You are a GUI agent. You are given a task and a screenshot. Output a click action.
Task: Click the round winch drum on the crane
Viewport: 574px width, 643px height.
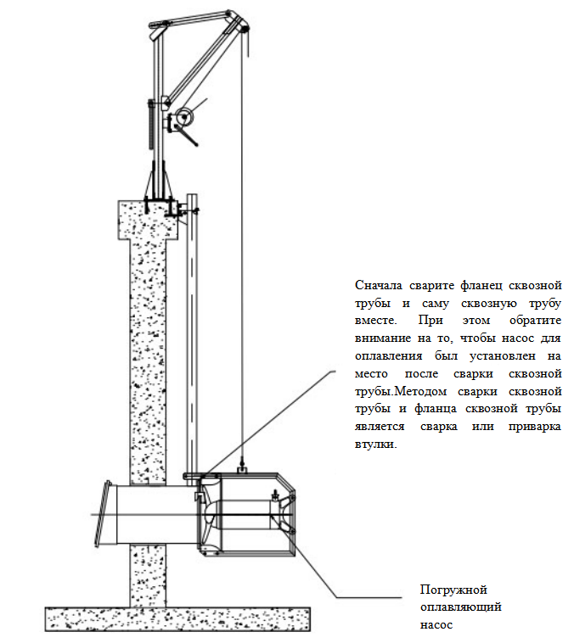coord(181,120)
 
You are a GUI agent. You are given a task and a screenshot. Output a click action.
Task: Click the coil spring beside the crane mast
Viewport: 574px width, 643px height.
coord(151,127)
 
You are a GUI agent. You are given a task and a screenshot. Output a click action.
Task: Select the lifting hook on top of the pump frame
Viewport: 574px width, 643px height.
coord(243,466)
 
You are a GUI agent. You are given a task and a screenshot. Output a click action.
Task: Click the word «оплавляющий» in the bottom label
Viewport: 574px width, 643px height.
coord(462,607)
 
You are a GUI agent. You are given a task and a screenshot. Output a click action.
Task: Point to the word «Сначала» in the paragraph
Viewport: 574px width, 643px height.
coord(378,285)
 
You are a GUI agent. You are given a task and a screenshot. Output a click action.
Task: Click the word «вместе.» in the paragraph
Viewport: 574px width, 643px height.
coord(375,321)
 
